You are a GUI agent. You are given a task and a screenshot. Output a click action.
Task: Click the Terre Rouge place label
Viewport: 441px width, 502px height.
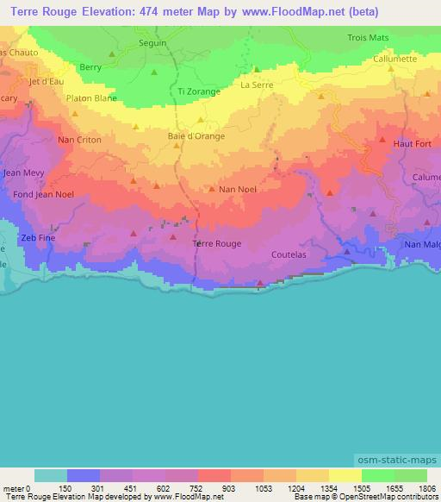(x=216, y=244)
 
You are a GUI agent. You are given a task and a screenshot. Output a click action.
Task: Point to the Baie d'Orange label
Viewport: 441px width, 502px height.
(x=196, y=136)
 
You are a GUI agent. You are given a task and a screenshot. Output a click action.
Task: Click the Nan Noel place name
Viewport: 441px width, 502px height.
(x=239, y=189)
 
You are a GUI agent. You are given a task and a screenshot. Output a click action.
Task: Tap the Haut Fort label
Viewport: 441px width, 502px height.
(x=410, y=143)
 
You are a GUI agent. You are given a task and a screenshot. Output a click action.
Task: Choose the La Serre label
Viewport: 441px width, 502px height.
(x=257, y=85)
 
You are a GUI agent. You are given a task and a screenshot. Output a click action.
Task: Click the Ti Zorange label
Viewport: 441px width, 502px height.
(x=199, y=91)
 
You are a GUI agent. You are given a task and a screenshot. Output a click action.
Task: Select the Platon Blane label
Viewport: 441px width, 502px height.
(x=91, y=98)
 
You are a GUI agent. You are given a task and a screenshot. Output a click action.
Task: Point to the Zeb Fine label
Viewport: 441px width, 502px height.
(x=39, y=237)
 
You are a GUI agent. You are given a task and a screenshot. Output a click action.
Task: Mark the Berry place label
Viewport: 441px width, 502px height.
(x=90, y=66)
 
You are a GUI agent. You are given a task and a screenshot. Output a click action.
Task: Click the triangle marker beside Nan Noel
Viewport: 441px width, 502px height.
(x=212, y=189)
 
